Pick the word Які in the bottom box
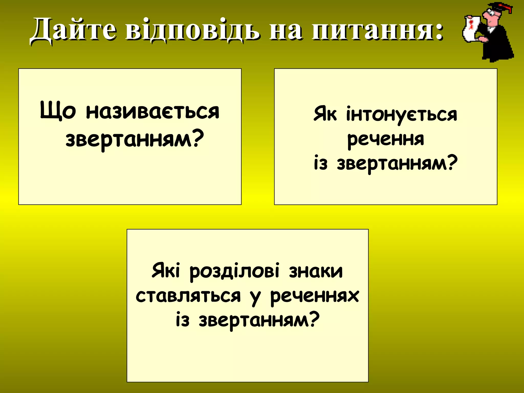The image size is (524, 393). [x=166, y=271]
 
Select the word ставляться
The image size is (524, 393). [x=188, y=296]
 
